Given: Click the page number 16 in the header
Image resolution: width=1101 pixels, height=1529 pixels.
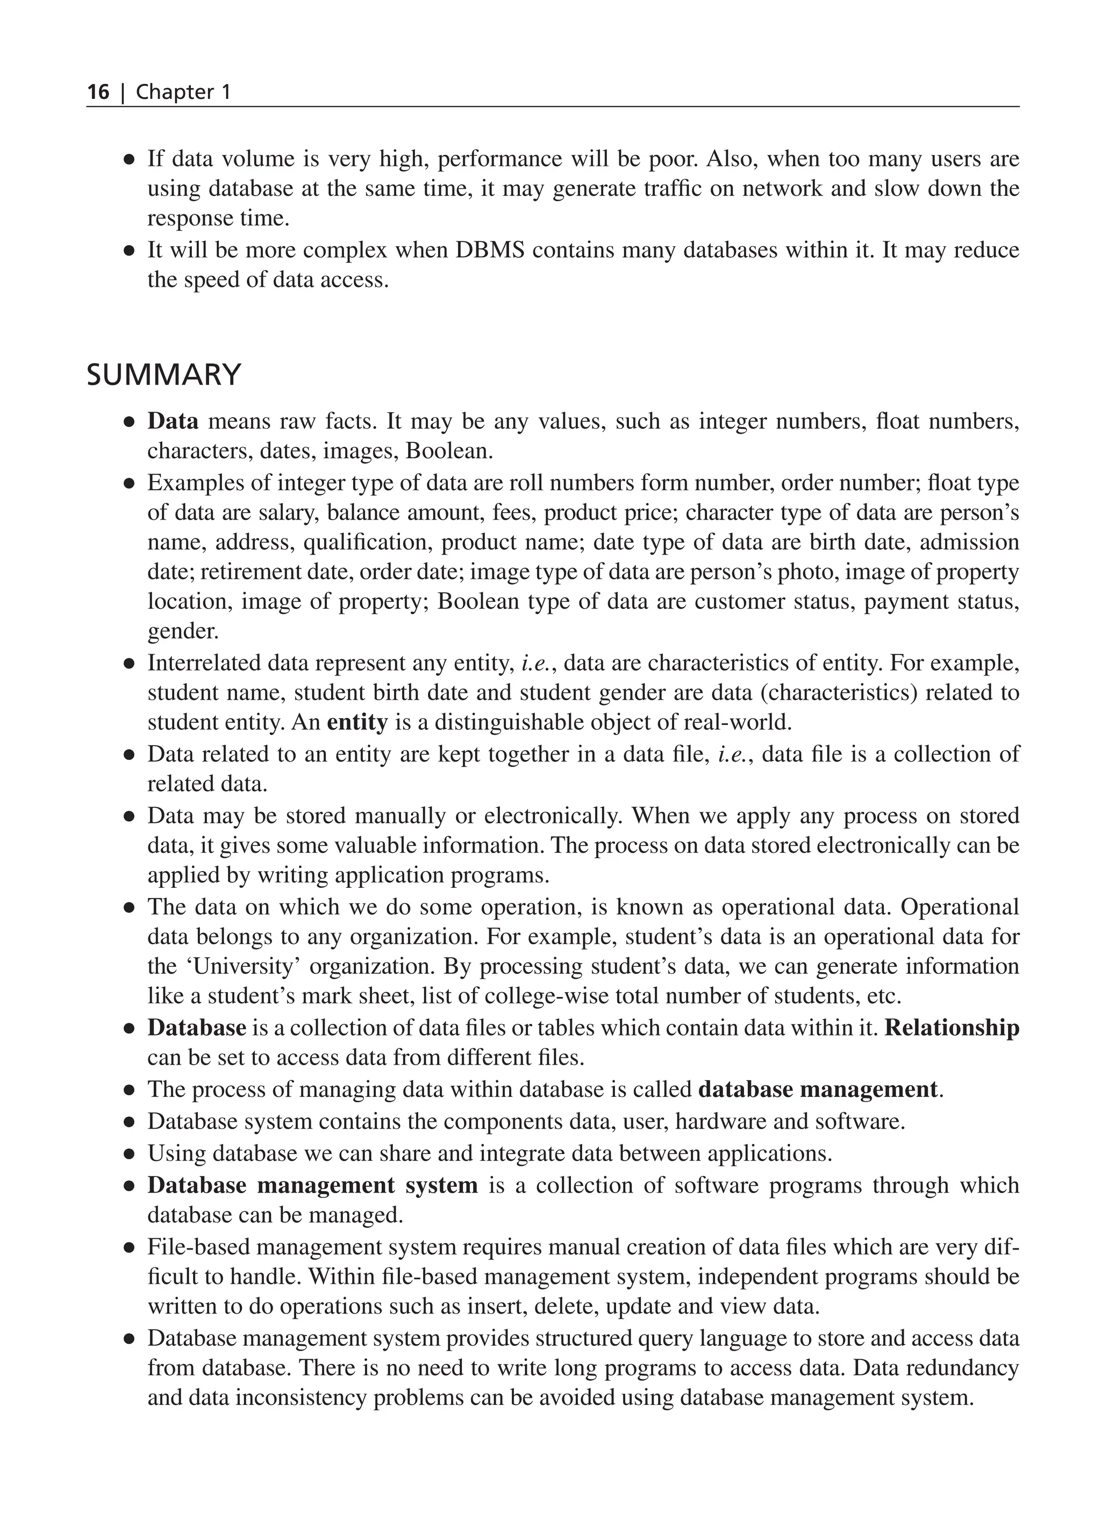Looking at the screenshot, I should point(98,92).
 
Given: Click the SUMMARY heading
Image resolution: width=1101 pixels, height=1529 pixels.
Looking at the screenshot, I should point(164,374).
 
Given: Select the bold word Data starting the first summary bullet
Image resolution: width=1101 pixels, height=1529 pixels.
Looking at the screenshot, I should point(173,421).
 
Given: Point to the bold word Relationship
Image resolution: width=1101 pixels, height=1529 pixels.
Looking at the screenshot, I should point(952,1028).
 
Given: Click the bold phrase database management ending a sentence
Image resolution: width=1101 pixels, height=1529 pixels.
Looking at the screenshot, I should point(818,1089).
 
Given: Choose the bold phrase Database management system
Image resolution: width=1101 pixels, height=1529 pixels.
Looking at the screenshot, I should point(312,1185).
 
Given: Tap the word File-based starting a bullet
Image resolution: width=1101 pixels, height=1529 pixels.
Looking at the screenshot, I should point(199,1247).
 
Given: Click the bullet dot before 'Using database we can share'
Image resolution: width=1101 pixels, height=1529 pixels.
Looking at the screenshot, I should point(129,1154).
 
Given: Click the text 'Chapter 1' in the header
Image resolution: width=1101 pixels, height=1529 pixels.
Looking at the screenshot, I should point(183,92).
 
